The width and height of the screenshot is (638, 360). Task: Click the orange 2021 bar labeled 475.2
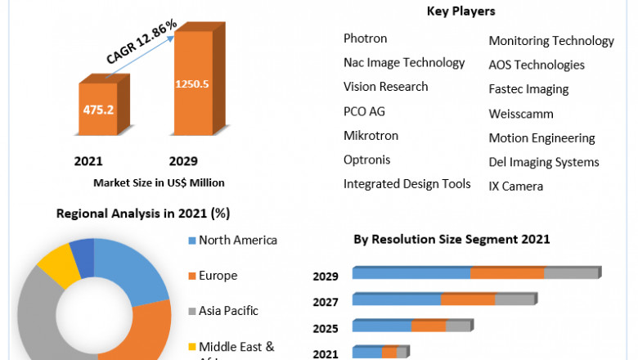click(x=97, y=109)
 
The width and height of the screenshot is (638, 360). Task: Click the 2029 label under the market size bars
click(x=182, y=161)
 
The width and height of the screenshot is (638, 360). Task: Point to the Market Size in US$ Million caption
click(x=159, y=182)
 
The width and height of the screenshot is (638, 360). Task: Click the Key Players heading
click(x=461, y=11)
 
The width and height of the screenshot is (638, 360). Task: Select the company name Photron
click(x=365, y=38)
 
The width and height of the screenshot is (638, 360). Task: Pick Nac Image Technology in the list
click(x=404, y=62)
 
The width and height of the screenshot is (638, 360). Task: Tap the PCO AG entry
click(x=364, y=110)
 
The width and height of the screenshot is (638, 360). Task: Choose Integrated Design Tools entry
click(x=407, y=183)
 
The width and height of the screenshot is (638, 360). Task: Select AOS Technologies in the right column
click(x=537, y=65)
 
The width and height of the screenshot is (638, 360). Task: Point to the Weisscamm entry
click(x=521, y=114)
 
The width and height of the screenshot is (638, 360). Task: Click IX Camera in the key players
click(x=515, y=187)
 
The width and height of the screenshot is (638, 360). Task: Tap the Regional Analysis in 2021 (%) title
click(x=143, y=214)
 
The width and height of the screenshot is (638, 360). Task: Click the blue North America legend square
click(x=191, y=241)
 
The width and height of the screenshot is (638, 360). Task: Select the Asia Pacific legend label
click(x=228, y=311)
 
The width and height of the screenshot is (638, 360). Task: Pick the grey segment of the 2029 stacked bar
click(x=571, y=273)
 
